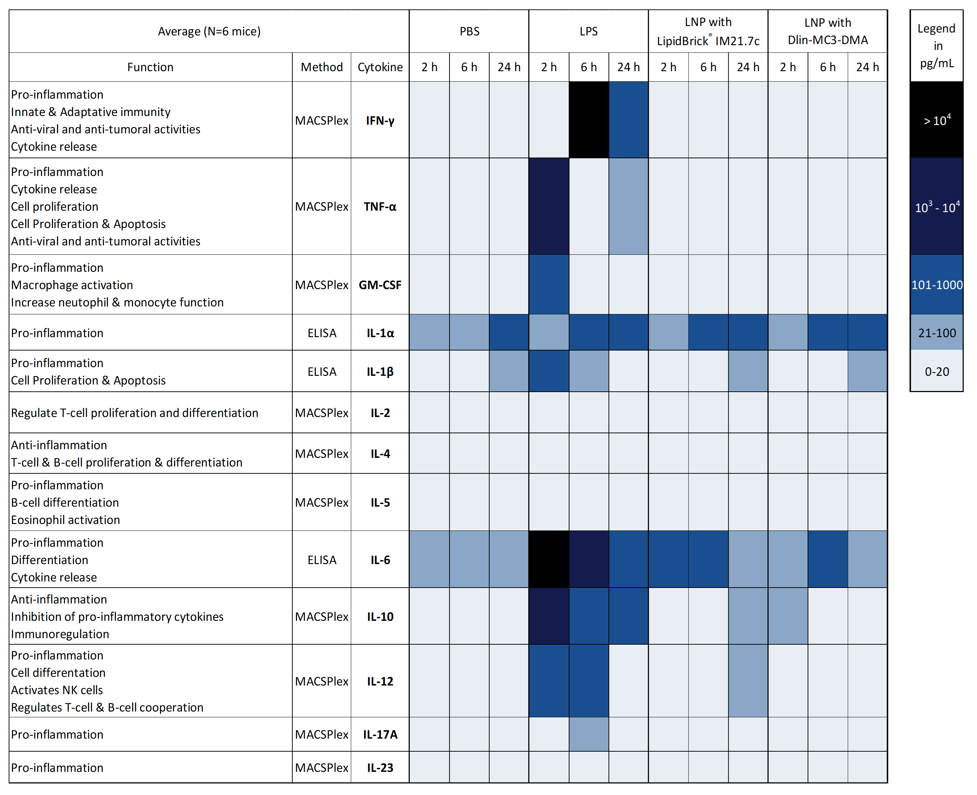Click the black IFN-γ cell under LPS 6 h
[x=588, y=120]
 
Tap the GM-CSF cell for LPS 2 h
[x=548, y=284]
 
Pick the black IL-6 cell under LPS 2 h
[x=548, y=559]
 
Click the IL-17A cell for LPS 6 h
[x=588, y=734]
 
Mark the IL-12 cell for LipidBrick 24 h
[x=748, y=680]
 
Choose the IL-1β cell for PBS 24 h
[x=509, y=371]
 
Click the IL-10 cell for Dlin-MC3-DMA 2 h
[x=787, y=616]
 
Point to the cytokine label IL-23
[x=380, y=768]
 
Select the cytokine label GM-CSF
[x=380, y=285]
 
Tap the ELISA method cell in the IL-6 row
[x=322, y=560]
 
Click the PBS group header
[x=469, y=31]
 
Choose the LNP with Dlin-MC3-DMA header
[x=827, y=31]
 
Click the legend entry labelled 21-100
[x=936, y=332]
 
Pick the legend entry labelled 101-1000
[x=936, y=284]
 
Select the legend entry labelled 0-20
[x=936, y=371]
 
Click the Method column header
[x=322, y=67]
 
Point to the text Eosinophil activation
[x=65, y=520]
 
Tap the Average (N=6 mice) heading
[x=209, y=31]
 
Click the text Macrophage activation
[x=72, y=285]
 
